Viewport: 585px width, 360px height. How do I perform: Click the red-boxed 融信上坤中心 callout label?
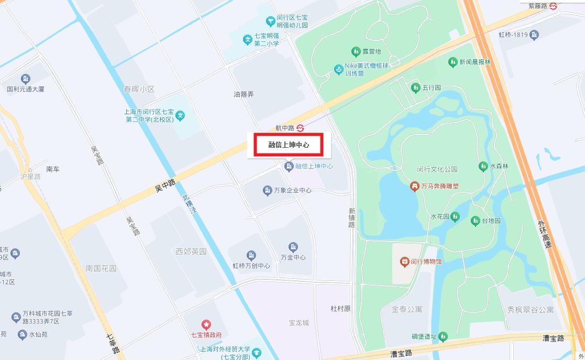click(288, 145)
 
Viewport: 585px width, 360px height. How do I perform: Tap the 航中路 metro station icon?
click(300, 128)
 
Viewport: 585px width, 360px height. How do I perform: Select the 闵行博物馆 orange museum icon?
click(404, 261)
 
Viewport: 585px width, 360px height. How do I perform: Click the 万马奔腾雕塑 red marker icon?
click(415, 186)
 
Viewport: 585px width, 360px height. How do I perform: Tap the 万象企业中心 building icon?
click(268, 190)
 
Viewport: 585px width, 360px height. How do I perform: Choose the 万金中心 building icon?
click(293, 247)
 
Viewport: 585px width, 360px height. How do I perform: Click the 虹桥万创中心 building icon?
click(251, 255)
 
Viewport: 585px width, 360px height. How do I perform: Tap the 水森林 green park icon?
click(483, 166)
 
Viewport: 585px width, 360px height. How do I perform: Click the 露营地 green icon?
click(355, 51)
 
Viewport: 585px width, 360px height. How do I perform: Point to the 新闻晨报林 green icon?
click(452, 62)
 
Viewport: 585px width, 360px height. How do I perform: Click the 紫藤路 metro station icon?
click(553, 6)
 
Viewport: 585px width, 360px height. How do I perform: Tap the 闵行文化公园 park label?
click(437, 169)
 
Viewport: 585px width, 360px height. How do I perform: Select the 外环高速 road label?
click(544, 234)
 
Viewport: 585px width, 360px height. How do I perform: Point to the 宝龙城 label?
click(299, 323)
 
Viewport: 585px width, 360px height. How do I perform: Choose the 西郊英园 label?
click(191, 252)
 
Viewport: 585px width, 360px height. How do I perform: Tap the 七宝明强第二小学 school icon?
click(248, 39)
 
